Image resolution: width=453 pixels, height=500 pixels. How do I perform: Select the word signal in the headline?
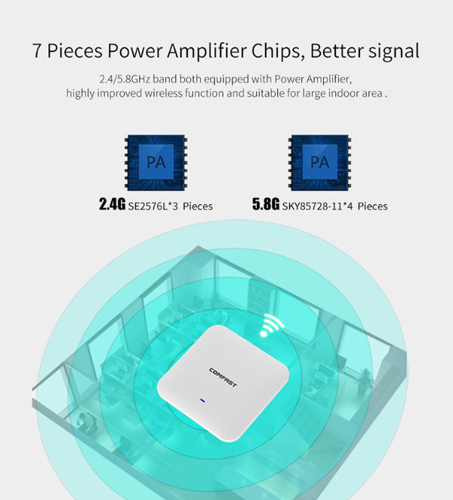(x=394, y=52)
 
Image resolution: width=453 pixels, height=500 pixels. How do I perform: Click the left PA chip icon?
(x=156, y=162)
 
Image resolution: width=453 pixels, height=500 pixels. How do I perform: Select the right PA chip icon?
(x=320, y=162)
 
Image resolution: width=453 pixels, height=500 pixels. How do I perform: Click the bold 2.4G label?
(x=112, y=205)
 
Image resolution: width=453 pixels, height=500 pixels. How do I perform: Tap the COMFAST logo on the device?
(x=223, y=375)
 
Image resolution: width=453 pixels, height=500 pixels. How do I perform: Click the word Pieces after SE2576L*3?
(x=197, y=206)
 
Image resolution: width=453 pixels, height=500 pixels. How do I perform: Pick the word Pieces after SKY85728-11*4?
(x=373, y=206)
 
